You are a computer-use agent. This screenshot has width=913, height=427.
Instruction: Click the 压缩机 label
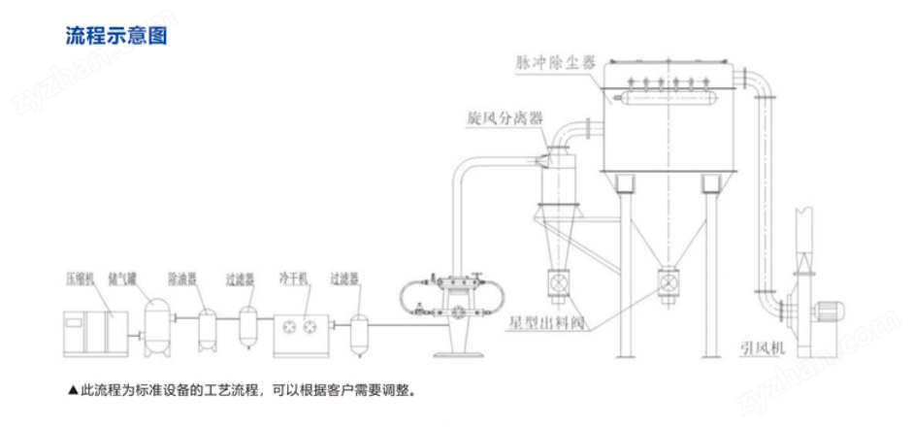(79, 279)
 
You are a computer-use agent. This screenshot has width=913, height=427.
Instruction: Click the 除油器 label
(182, 279)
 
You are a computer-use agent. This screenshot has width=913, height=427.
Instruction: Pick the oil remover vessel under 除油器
(206, 329)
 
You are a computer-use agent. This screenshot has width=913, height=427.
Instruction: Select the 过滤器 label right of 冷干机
(344, 279)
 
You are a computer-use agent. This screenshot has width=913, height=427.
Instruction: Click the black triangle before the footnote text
(73, 392)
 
